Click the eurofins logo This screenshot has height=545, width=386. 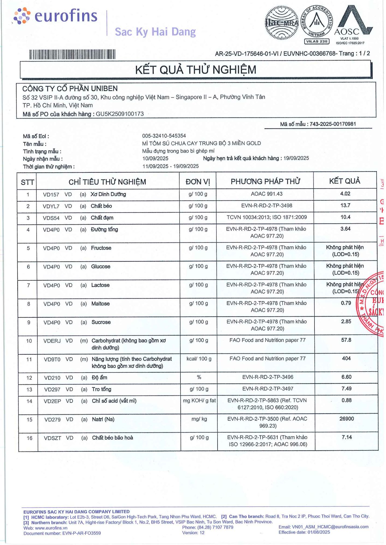55,16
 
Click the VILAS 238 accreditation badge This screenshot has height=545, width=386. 317,41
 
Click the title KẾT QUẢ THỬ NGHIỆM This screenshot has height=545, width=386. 195,70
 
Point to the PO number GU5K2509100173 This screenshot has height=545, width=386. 120,114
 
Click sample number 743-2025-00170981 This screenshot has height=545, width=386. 333,124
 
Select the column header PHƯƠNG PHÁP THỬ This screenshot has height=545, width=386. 265,181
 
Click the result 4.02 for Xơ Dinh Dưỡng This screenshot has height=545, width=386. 345,194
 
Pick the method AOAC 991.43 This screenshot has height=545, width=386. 267,194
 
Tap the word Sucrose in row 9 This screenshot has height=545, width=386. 101,322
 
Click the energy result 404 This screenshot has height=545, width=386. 346,358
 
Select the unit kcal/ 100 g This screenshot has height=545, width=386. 199,359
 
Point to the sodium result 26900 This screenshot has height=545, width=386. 346,419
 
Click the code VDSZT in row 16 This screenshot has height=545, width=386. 52,438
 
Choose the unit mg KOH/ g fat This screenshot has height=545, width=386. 199,401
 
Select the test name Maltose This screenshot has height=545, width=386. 100,304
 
